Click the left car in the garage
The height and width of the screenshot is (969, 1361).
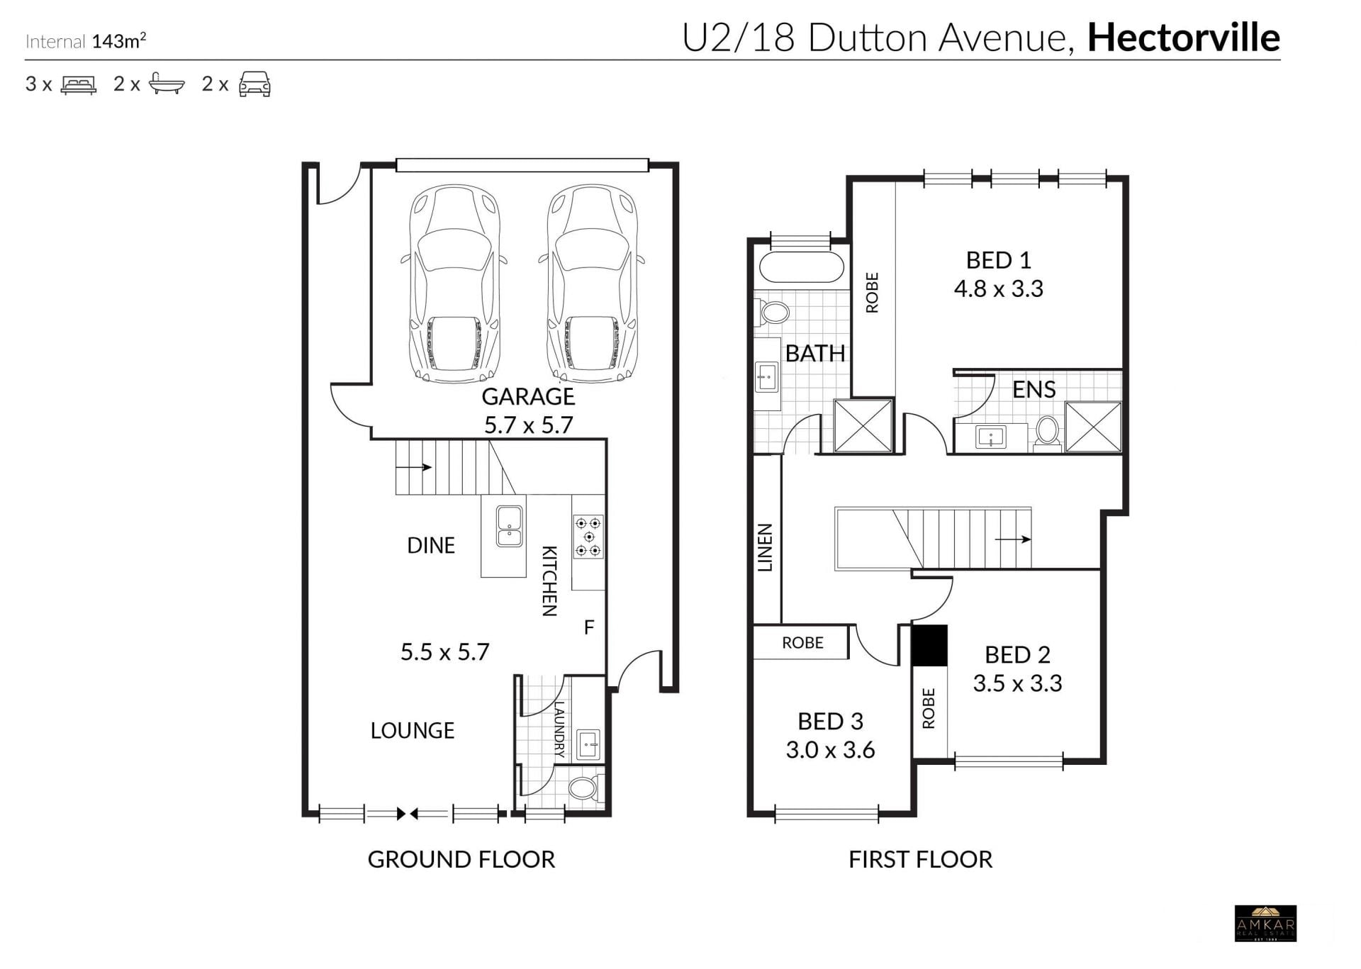454,284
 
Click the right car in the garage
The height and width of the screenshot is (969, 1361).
591,284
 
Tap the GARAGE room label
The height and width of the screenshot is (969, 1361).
528,396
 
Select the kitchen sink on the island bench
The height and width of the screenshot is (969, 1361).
509,526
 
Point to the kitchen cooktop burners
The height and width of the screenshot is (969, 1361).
588,537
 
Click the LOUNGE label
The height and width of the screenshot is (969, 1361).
413,730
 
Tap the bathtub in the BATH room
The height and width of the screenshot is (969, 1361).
802,268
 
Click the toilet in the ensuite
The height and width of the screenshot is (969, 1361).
1048,432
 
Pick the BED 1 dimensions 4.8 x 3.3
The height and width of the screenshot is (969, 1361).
998,289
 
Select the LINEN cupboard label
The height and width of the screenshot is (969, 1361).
765,547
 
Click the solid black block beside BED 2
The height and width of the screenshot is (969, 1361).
929,645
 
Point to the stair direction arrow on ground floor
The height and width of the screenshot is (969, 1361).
414,467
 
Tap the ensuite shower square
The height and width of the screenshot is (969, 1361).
1093,427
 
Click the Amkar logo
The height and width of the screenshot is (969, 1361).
1265,923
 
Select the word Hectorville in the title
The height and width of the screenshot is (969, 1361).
1183,38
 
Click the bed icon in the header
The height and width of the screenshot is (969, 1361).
79,85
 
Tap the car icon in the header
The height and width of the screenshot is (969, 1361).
254,84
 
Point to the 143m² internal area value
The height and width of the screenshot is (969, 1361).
119,41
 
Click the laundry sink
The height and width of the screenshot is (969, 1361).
588,744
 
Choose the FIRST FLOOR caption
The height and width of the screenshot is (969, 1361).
920,859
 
